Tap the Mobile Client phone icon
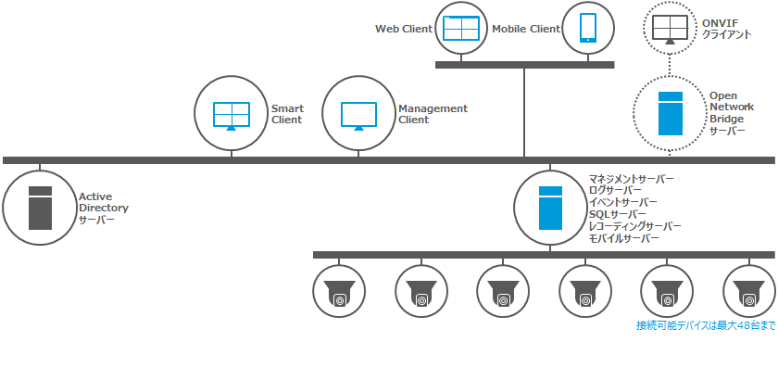coord(588,28)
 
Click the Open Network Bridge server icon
coord(670,114)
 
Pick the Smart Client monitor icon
coord(231,115)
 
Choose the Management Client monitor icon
coord(358,115)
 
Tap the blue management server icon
coord(551,208)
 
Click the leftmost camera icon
coord(340,293)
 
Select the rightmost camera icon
coord(748,293)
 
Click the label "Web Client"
coord(403,29)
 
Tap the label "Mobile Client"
coord(526,29)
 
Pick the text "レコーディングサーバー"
coord(634,226)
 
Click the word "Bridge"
coord(725,119)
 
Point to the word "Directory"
coord(104,209)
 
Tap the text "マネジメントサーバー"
coord(631,178)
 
